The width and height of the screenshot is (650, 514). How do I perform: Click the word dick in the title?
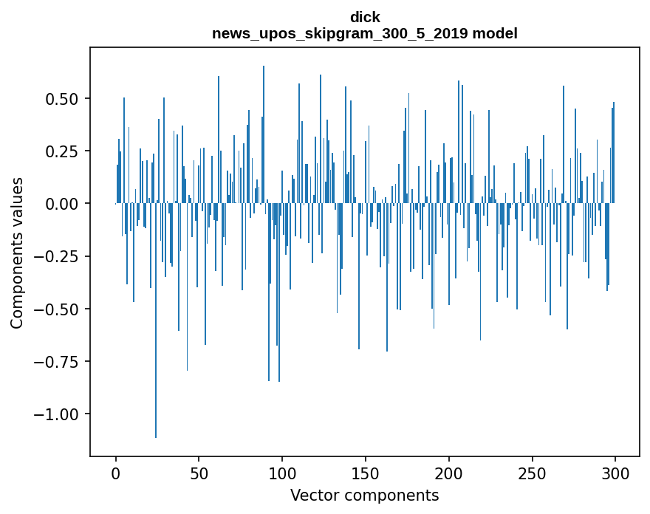point(365,17)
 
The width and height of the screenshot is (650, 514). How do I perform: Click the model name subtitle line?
point(365,34)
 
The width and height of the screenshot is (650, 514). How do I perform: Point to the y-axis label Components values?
point(17,253)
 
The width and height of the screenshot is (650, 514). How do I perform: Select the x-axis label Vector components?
point(365,496)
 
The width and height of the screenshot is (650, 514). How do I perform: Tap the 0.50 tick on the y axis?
point(67,99)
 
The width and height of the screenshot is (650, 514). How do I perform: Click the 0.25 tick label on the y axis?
point(67,151)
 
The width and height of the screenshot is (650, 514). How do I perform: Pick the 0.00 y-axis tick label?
point(67,204)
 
